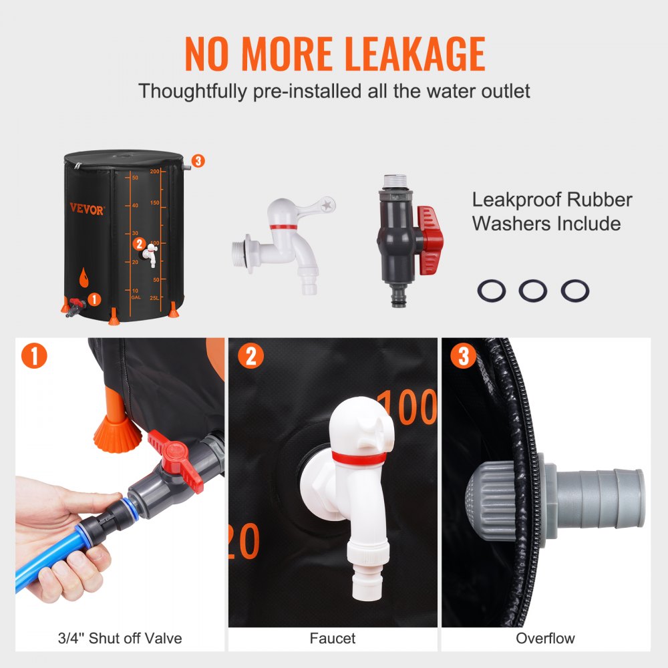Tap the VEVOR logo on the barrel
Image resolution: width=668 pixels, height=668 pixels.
87,210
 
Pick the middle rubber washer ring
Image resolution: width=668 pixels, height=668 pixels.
533,291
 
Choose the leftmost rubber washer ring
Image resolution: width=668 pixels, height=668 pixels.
492,291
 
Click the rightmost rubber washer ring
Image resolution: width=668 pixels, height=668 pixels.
574,291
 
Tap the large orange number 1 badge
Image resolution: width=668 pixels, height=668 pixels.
34,355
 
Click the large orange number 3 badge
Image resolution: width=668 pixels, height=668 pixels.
463,355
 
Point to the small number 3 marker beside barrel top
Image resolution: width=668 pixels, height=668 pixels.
197,160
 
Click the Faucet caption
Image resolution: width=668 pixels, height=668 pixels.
332,639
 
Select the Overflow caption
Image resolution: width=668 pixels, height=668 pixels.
545,639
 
